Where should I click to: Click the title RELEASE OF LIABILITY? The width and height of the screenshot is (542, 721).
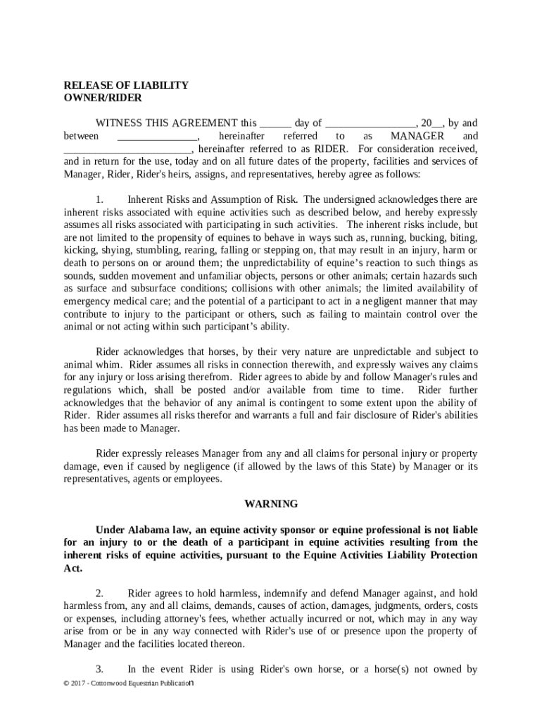point(126,85)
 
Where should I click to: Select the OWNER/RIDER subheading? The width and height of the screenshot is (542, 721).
point(103,98)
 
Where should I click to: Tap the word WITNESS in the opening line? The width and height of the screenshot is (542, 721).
point(121,123)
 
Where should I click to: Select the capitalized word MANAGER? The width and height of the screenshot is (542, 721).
point(417,135)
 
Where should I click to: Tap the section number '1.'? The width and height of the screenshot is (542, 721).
point(100,199)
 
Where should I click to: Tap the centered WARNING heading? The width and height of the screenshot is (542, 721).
point(271,503)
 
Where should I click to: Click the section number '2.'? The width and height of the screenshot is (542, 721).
point(100,593)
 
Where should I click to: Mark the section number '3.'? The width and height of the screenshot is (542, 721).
point(100,669)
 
